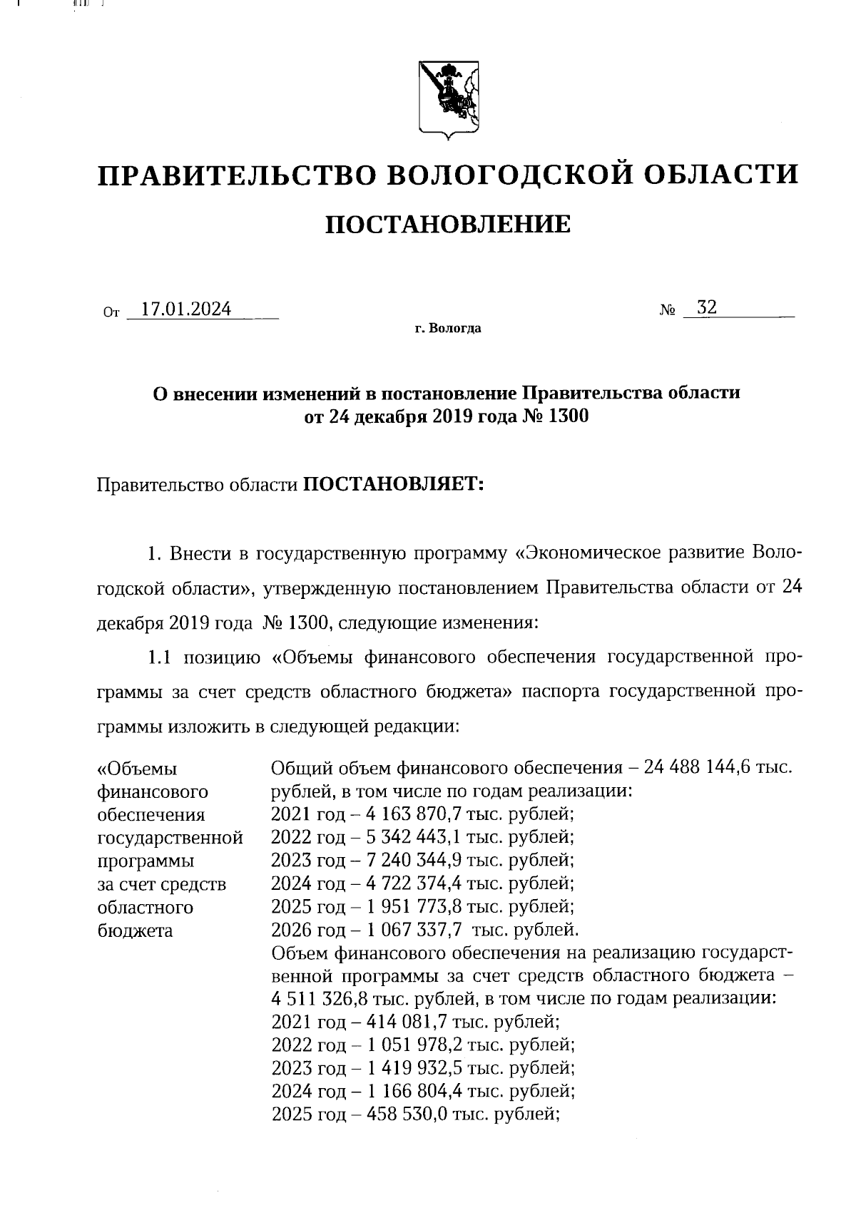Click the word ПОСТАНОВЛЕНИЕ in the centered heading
pos(448,225)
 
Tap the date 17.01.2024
pos(185,309)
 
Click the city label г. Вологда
pos(448,329)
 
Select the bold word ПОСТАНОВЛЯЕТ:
pos(394,485)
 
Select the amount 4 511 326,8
pos(317,998)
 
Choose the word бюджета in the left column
pos(134,930)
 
